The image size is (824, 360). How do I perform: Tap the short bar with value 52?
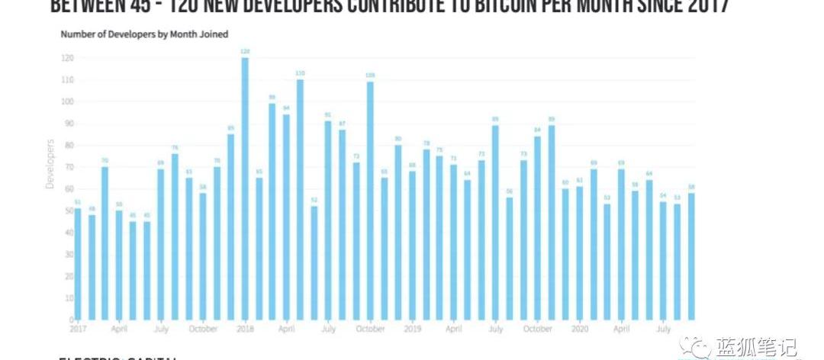pos(314,262)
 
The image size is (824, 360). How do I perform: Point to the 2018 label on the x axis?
pos(245,329)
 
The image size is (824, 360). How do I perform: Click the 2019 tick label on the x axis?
pos(412,329)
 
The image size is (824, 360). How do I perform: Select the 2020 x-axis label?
pos(580,329)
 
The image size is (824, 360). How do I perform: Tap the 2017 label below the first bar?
pos(78,329)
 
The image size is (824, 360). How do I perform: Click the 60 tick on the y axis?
pos(68,188)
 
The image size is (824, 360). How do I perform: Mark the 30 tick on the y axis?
pos(68,254)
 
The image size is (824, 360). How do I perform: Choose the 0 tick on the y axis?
pos(69,319)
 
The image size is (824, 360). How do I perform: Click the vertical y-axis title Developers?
pos(50,163)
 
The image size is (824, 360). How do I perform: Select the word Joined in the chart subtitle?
pos(214,34)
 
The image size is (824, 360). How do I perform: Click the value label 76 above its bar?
pos(175,148)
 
